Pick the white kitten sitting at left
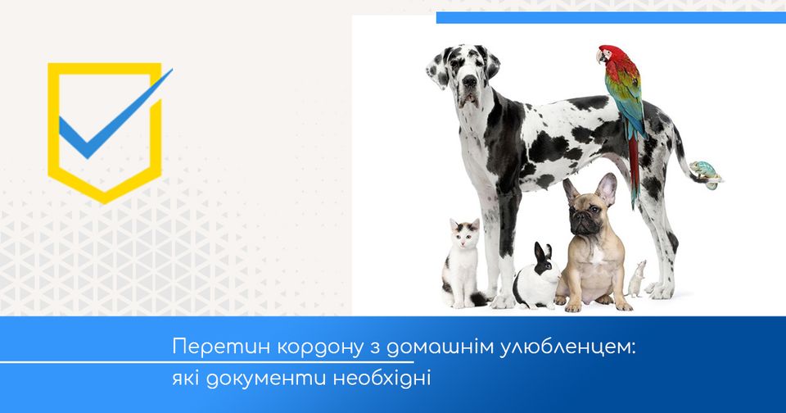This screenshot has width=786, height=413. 461,264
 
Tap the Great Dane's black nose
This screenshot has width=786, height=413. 469,80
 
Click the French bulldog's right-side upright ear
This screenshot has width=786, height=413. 607,188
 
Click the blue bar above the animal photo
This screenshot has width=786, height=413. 611,17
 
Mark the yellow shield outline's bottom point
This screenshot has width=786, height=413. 104,202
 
